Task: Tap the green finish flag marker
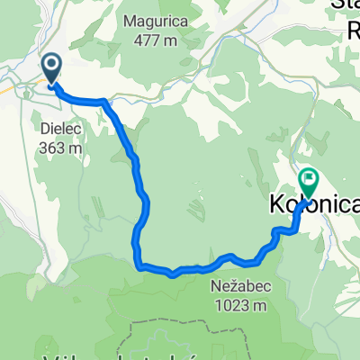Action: (x=309, y=183)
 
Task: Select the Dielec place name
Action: (x=61, y=128)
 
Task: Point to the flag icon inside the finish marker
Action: (x=309, y=179)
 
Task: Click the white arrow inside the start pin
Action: (x=51, y=64)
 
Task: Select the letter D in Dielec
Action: (x=45, y=128)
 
